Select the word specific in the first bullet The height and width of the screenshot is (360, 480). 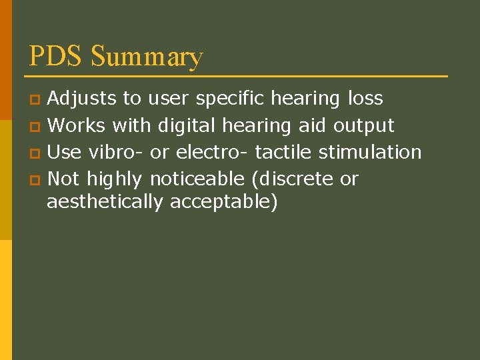230,99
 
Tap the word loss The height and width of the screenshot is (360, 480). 365,99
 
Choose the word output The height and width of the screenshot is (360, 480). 364,126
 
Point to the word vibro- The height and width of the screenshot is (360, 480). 117,152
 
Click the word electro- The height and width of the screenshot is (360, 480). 209,152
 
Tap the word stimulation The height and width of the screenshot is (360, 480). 370,152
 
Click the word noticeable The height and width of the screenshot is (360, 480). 197,179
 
